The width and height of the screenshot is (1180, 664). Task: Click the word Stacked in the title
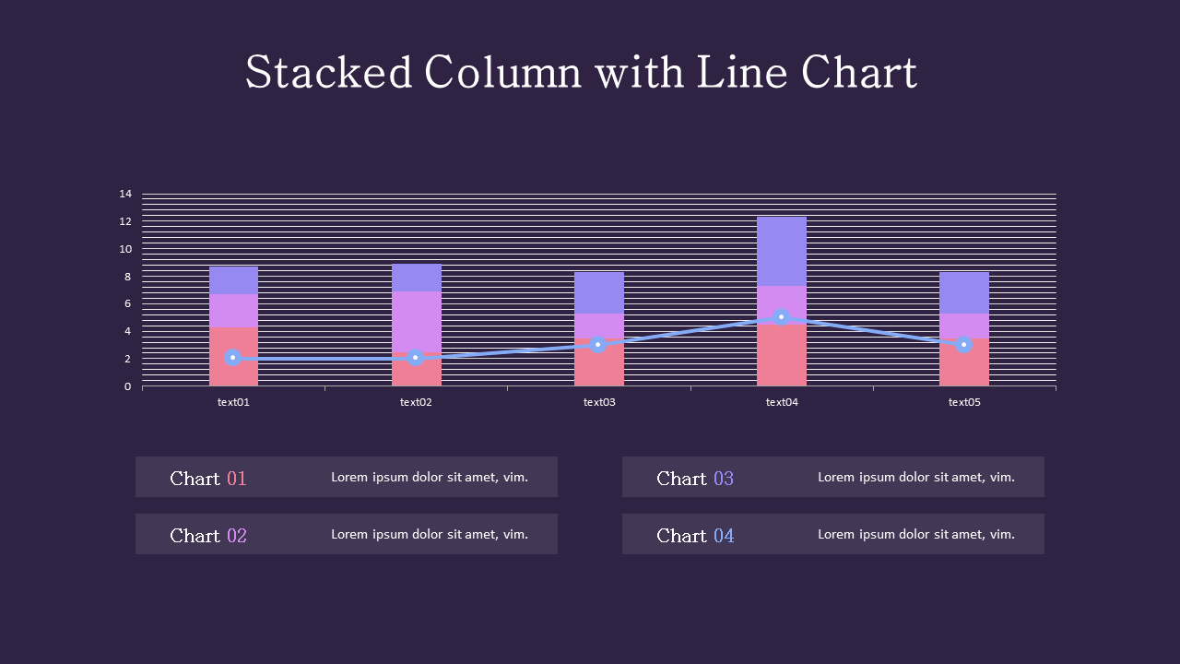(x=328, y=73)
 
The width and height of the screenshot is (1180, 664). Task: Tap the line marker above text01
(x=233, y=358)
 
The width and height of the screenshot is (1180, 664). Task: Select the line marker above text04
(x=782, y=317)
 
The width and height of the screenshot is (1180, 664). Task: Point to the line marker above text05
(x=964, y=345)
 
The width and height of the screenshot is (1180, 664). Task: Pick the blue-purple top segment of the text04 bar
(x=782, y=251)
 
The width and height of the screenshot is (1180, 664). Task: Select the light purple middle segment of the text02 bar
(x=416, y=319)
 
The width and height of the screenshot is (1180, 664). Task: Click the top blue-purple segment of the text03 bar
(x=599, y=292)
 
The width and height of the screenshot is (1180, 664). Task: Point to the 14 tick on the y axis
(x=125, y=194)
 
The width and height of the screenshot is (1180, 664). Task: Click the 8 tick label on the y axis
(x=125, y=277)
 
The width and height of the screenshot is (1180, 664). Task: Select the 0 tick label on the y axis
(x=127, y=386)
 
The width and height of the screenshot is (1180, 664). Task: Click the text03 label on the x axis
(x=599, y=402)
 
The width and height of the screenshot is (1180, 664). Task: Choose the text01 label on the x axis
(x=233, y=402)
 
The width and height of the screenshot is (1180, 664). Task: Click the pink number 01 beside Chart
(x=237, y=479)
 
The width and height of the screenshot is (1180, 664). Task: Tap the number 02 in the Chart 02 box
(x=237, y=536)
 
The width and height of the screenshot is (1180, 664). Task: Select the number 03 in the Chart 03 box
(x=724, y=479)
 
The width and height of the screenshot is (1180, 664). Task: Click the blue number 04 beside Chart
(x=724, y=536)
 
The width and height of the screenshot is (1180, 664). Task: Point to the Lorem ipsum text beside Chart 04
(x=916, y=534)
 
